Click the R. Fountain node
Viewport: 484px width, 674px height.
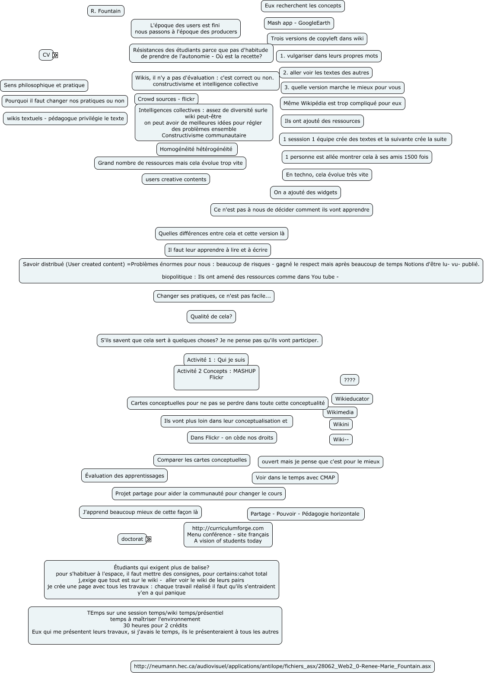point(105,11)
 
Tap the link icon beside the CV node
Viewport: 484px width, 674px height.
point(55,55)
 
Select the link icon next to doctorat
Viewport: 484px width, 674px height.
point(148,539)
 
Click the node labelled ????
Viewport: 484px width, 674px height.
point(349,380)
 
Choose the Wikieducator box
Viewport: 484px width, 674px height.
point(352,399)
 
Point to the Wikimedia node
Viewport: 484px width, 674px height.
point(340,412)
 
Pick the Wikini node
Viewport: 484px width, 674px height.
point(341,424)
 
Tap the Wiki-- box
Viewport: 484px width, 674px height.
point(341,440)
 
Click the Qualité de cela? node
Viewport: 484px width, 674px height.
point(211,317)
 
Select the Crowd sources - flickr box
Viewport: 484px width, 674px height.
point(166,99)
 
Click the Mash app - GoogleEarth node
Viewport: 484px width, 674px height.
point(299,23)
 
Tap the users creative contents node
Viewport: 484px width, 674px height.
point(175,179)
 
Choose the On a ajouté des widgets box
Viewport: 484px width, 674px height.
point(305,193)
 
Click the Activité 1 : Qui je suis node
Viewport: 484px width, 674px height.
point(216,359)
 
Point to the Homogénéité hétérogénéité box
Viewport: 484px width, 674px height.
point(196,149)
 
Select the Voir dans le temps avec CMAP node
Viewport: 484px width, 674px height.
point(295,478)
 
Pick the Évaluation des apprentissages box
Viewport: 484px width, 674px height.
point(124,475)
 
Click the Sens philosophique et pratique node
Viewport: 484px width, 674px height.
point(44,85)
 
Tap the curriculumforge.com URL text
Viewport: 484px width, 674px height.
point(228,528)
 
